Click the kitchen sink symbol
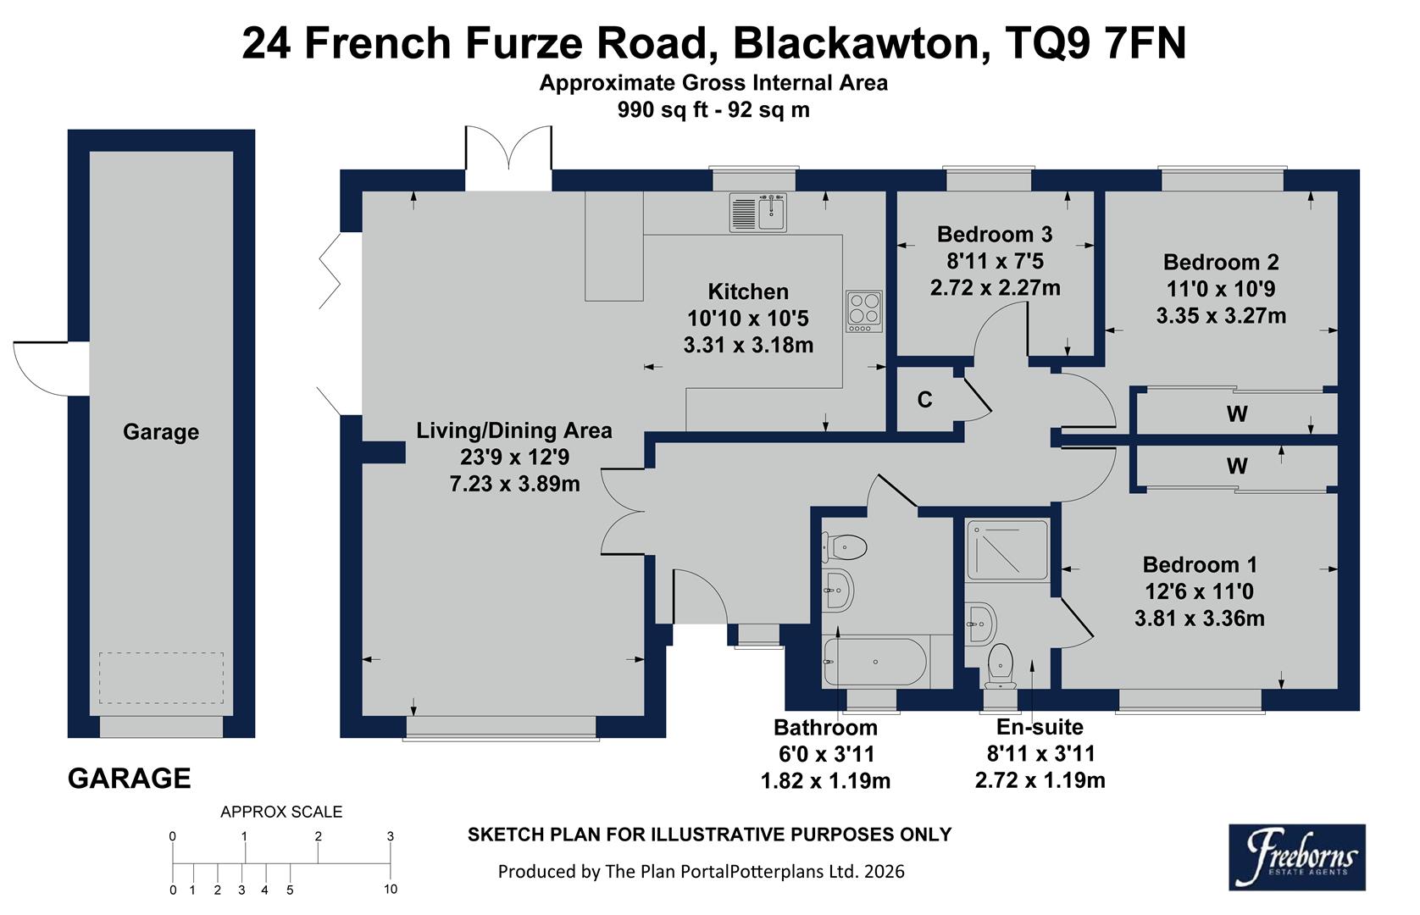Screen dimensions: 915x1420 (x=759, y=213)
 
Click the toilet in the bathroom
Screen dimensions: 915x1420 (x=844, y=547)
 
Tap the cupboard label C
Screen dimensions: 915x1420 (x=925, y=400)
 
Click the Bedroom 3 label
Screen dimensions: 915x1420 (x=995, y=234)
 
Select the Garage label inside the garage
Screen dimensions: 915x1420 (x=161, y=432)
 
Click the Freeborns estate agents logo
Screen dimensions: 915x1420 (x=1296, y=857)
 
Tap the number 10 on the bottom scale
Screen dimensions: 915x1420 (x=391, y=890)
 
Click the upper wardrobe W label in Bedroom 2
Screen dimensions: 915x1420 (x=1237, y=414)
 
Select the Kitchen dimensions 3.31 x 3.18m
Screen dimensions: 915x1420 (x=748, y=345)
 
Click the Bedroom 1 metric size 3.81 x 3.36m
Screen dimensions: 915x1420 (x=1200, y=618)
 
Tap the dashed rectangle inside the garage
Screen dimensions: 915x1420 (x=161, y=677)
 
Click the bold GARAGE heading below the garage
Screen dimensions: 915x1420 (x=129, y=778)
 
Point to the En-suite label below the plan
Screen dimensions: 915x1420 (x=1040, y=727)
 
